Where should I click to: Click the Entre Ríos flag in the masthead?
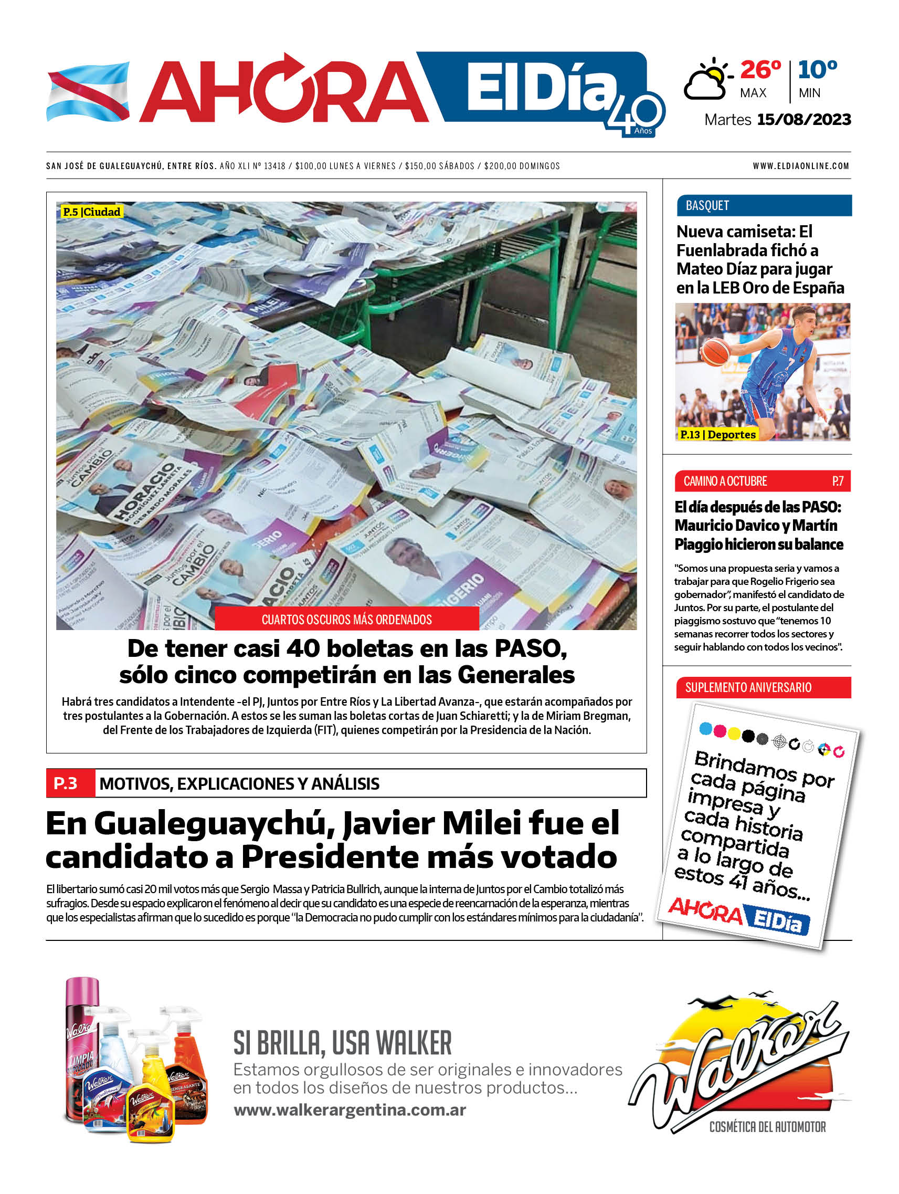coord(88,91)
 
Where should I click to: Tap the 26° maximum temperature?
coord(760,70)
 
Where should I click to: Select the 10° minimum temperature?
coord(817,70)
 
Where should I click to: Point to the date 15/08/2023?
coord(803,119)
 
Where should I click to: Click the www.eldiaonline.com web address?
coord(801,166)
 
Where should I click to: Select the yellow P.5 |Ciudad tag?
coord(91,212)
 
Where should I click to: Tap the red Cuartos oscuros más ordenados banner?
coord(346,619)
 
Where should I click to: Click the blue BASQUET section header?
coord(763,206)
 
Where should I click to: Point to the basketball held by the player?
coord(715,351)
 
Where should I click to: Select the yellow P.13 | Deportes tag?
coord(717,435)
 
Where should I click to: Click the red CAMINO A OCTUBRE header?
coord(762,481)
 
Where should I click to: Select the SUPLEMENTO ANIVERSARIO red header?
coord(763,687)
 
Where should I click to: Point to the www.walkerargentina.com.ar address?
coord(350,1110)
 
